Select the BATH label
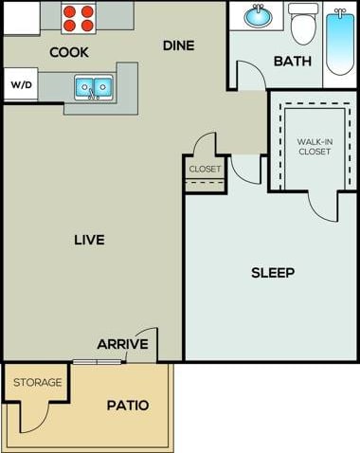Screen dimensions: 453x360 [292, 62]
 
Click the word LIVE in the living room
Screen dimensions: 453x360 [89, 239]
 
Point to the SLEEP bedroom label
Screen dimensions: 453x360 [273, 273]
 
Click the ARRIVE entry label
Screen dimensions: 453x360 [122, 343]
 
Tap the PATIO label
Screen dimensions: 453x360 [127, 405]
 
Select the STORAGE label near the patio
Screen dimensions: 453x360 [38, 383]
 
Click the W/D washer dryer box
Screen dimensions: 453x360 [21, 84]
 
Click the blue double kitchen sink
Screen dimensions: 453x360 [93, 88]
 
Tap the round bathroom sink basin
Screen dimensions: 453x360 [257, 17]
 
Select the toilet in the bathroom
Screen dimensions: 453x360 [303, 24]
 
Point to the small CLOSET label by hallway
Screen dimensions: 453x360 [205, 169]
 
